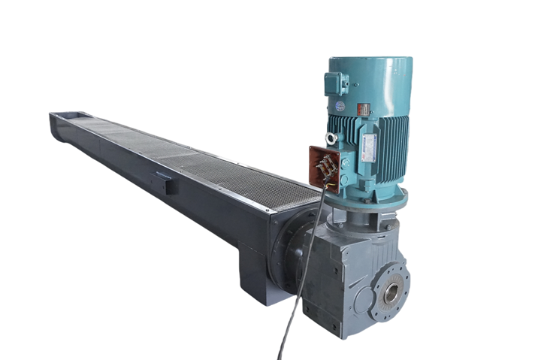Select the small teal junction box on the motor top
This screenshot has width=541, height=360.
[x=334, y=83]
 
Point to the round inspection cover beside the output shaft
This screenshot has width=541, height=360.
[x=364, y=301]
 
